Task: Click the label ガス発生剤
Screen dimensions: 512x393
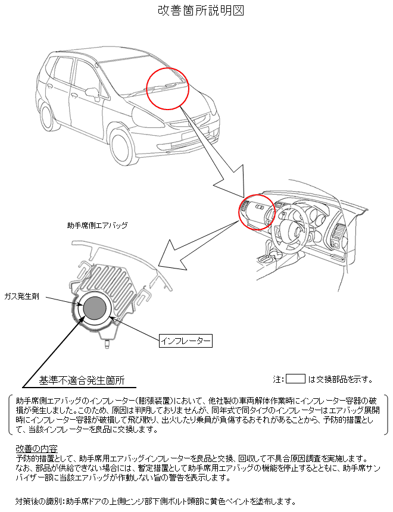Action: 21,296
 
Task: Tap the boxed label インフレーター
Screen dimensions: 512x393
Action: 186,341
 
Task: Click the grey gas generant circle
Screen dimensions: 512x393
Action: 95,309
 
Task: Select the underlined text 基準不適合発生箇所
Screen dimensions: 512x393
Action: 82,379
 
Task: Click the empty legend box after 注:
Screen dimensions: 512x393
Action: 295,379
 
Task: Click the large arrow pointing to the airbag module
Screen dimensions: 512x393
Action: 191,246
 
